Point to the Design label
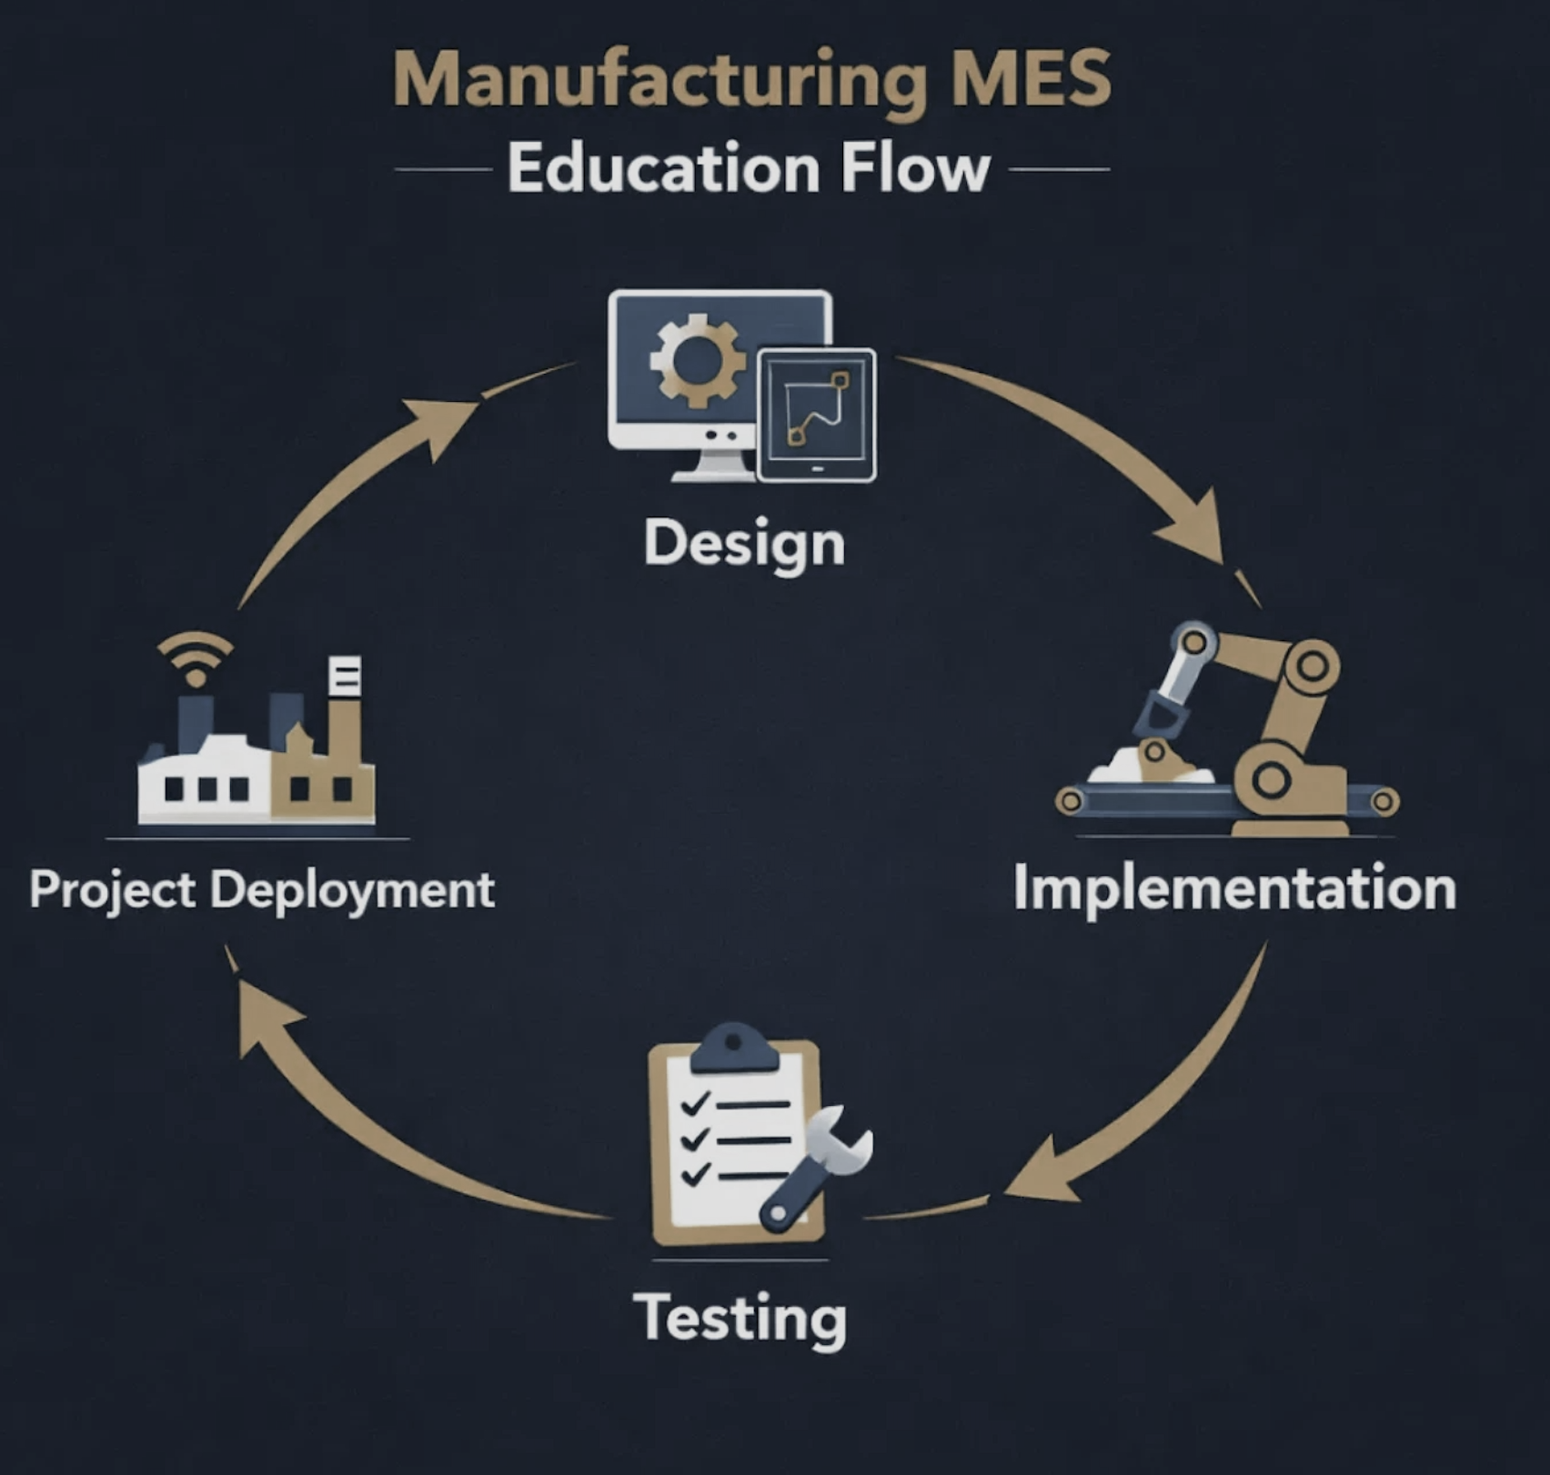click(x=745, y=545)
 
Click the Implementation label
click(x=1234, y=888)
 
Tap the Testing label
click(x=740, y=1319)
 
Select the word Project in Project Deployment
click(x=112, y=890)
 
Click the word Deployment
click(x=353, y=890)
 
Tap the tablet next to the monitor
click(x=816, y=415)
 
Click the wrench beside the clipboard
click(x=815, y=1169)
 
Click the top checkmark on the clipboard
click(x=695, y=1103)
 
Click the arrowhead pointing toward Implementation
click(x=1196, y=532)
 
